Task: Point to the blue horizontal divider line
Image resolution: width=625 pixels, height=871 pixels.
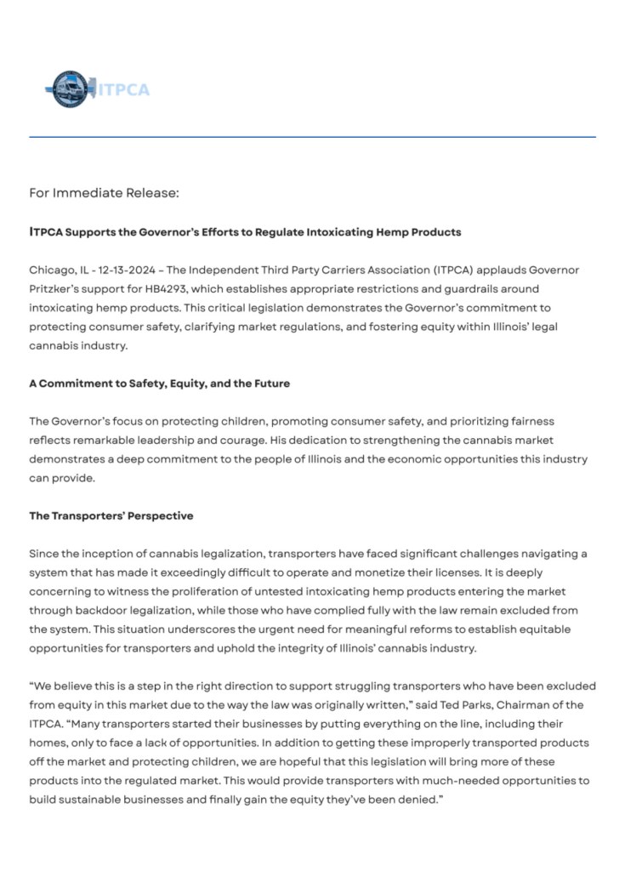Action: pos(312,137)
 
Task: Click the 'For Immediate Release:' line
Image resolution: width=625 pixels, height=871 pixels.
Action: pos(104,193)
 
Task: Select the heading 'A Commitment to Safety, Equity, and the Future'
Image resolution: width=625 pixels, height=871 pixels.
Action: pos(159,384)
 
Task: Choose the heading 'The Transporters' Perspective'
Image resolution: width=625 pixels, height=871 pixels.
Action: pos(111,515)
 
